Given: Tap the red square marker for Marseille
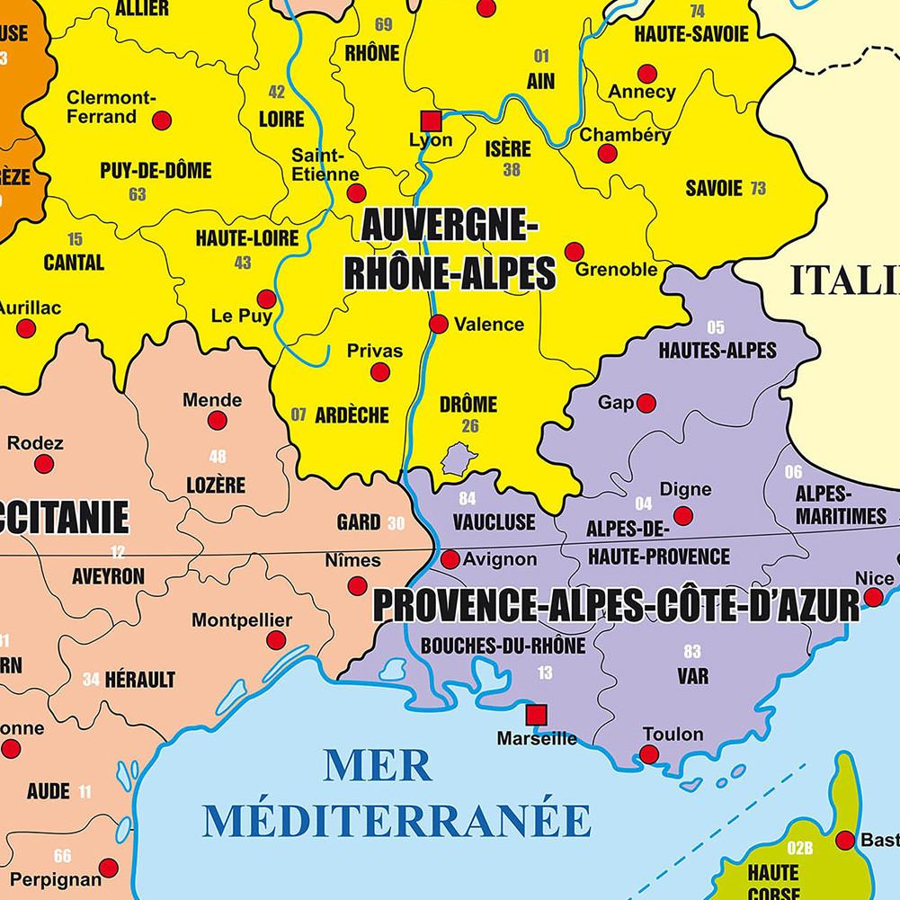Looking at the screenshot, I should [x=537, y=715].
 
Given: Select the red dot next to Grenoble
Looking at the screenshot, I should [x=574, y=252].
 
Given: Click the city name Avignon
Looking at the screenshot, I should [x=500, y=559].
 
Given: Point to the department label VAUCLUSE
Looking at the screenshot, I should [x=494, y=522].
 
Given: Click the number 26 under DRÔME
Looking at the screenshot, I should [x=470, y=426].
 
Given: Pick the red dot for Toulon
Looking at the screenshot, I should [x=649, y=754].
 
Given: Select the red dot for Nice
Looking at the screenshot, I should [x=873, y=597].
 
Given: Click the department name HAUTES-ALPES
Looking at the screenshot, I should [x=717, y=351].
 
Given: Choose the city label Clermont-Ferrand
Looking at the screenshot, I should [x=111, y=107].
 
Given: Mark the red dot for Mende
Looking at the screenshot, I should [x=217, y=420].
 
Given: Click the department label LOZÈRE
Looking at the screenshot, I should [x=216, y=486].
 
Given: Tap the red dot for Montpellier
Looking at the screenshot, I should [x=276, y=640].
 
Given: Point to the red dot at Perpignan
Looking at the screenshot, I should [x=108, y=868].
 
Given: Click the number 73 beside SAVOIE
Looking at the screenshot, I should [x=758, y=188].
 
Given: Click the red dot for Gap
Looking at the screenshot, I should [x=646, y=404].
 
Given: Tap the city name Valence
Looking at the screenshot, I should [x=488, y=324].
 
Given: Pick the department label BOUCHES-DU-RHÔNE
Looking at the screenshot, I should [x=503, y=646].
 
